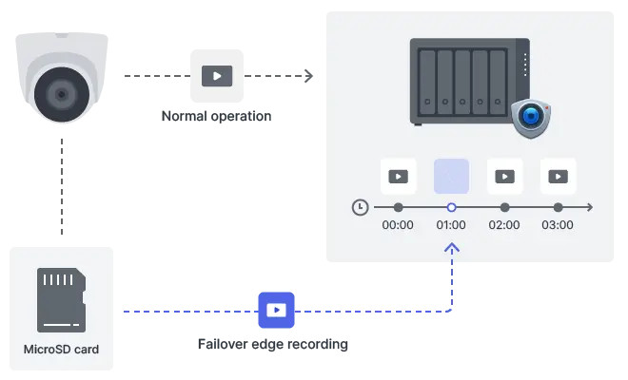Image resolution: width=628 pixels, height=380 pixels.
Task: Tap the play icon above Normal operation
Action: (216, 76)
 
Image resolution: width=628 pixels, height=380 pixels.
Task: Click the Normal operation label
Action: (216, 117)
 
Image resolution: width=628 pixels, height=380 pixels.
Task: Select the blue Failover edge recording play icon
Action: (276, 310)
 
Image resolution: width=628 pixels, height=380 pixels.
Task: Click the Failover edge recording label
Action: (273, 344)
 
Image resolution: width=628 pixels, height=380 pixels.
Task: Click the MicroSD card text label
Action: (61, 349)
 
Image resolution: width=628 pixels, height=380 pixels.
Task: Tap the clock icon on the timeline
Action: (360, 207)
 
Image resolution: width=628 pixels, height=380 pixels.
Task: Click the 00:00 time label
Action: (398, 226)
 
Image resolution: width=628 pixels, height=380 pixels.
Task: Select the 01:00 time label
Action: (451, 226)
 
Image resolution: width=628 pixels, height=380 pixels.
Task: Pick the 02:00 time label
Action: (504, 226)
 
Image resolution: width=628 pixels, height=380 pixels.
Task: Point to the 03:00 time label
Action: (558, 226)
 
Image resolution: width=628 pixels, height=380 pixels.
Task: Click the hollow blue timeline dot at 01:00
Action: (451, 207)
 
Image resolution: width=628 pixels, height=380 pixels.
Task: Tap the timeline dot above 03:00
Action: (558, 207)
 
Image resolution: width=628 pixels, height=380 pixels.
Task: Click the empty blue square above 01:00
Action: (451, 176)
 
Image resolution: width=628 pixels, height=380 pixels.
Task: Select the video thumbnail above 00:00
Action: (398, 176)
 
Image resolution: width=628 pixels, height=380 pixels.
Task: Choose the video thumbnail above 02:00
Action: (504, 176)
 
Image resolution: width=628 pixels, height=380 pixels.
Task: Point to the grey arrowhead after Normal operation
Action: (307, 76)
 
